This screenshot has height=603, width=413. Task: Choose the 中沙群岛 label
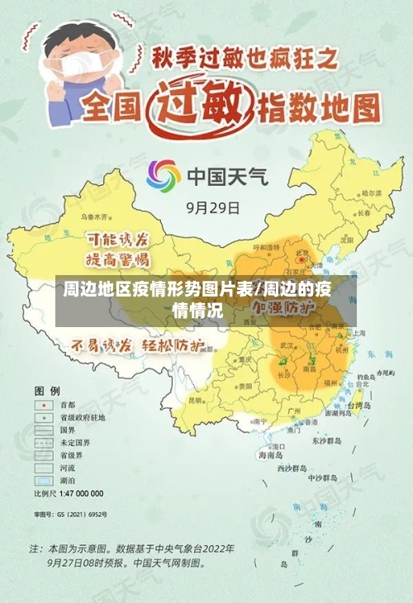pos(323,477)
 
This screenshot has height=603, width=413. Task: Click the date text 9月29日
pos(212,207)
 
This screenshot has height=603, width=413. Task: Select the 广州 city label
pos(292,409)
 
